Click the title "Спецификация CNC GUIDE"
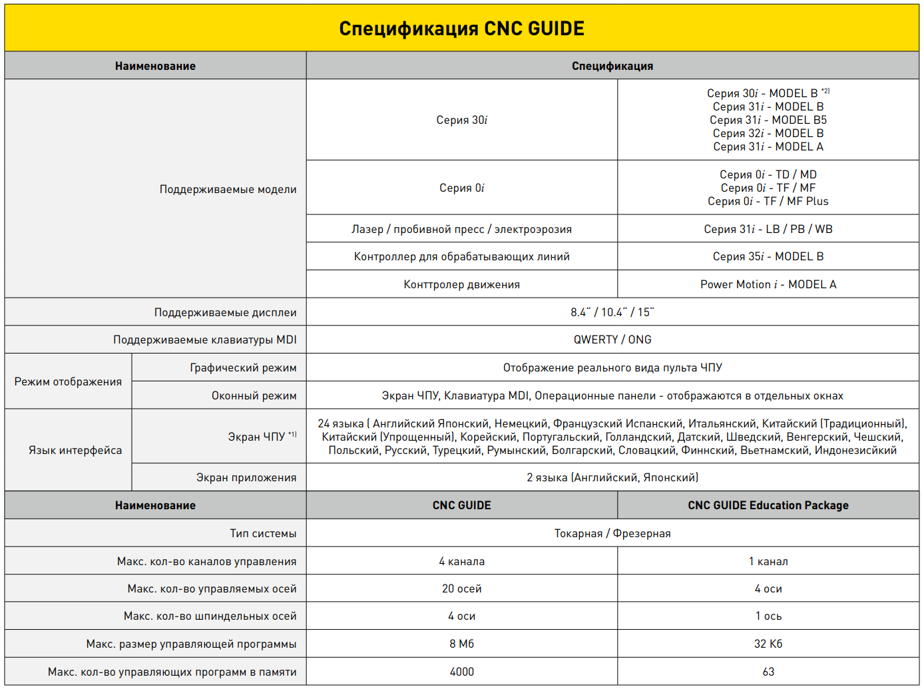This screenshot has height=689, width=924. click(x=461, y=29)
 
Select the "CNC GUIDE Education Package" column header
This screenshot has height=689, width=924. click(x=768, y=505)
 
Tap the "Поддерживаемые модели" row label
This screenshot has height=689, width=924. click(x=228, y=189)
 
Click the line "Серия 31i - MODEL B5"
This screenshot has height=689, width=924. click(x=768, y=120)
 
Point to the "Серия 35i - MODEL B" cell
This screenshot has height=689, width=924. click(x=768, y=256)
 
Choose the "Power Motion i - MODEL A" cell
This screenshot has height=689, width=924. click(x=768, y=284)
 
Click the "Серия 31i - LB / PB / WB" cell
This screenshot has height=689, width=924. click(x=768, y=229)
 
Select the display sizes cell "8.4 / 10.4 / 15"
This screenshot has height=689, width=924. click(x=612, y=312)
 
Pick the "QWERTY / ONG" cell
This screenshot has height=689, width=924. click(x=612, y=340)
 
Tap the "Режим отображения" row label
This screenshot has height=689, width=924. click(x=68, y=381)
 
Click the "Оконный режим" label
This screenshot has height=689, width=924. click(x=254, y=395)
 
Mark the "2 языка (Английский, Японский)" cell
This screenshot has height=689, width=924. click(x=612, y=477)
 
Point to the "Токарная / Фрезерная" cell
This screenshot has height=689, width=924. click(x=612, y=533)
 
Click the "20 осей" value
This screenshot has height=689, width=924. click(x=461, y=588)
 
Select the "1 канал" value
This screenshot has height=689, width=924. click(x=768, y=561)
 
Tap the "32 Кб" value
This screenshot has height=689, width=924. click(x=768, y=644)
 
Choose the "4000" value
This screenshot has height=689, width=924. click(x=461, y=672)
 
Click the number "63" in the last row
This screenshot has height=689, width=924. click(x=768, y=672)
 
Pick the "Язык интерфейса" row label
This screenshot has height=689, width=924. click(x=75, y=450)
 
